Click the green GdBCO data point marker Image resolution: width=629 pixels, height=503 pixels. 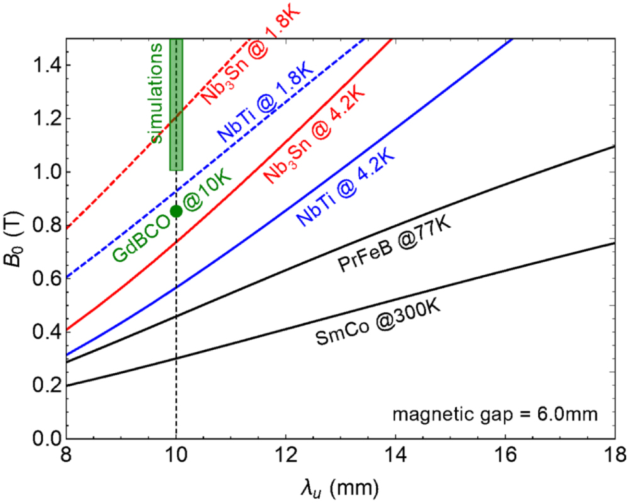(176, 211)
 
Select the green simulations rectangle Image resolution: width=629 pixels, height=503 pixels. (176, 104)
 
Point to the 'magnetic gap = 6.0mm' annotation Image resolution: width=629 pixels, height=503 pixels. (494, 414)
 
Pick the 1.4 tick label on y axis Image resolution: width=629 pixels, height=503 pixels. (47, 65)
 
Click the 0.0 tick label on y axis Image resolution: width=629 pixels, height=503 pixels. (47, 438)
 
